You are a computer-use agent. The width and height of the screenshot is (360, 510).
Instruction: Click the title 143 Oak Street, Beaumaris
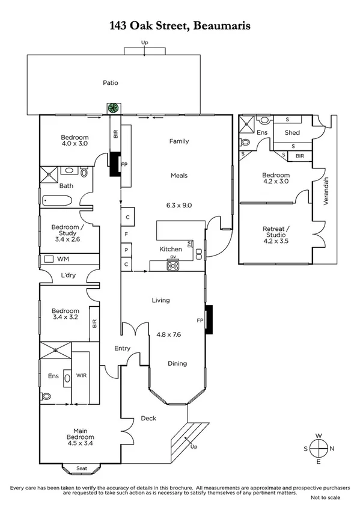(180, 25)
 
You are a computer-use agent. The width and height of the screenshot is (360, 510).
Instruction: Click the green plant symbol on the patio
(112, 109)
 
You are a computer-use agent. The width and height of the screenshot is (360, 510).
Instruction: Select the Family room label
(178, 141)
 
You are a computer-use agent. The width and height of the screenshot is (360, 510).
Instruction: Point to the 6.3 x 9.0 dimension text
(178, 205)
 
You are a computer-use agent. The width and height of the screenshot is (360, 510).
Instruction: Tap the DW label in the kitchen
(190, 244)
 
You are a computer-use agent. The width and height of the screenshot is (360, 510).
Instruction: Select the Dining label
(177, 363)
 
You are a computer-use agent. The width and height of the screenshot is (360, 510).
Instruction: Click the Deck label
(148, 419)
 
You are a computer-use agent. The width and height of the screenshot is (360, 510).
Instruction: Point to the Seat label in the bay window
(82, 469)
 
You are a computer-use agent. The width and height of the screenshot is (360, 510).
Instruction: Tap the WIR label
(82, 375)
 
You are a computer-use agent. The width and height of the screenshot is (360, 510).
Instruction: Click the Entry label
(123, 348)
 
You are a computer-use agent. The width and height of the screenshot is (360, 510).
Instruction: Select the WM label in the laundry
(63, 259)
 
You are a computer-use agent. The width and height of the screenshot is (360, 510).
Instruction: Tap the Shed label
(292, 133)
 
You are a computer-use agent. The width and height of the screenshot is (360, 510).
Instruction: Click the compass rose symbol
(318, 449)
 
